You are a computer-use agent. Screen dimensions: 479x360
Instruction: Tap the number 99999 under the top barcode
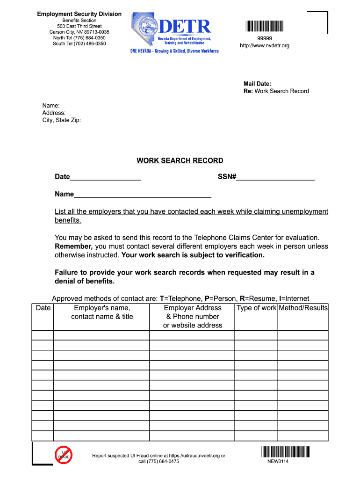tap(264, 38)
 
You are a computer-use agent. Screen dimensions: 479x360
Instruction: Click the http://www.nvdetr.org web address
tap(264, 45)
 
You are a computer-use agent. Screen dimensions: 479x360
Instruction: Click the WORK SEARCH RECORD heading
tap(180, 161)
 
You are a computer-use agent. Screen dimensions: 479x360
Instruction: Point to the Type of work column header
tap(256, 308)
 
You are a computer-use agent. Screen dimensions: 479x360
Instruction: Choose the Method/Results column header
tap(303, 308)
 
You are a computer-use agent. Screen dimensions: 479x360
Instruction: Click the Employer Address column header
tap(192, 316)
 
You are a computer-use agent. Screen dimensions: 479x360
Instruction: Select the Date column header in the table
tap(43, 308)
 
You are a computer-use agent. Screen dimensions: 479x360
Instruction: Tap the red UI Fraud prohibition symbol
tap(63, 455)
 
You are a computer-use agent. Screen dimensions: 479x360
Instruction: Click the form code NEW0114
tap(278, 462)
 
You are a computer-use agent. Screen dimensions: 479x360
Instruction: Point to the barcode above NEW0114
tap(286, 451)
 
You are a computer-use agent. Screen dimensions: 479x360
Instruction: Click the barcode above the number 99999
tap(264, 26)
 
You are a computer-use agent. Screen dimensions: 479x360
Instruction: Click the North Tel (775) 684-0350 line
tap(79, 38)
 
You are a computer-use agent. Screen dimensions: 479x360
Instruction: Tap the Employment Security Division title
tap(79, 14)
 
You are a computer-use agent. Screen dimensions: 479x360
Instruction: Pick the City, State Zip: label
tap(62, 120)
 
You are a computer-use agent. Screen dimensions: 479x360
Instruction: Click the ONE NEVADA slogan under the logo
tap(174, 51)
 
